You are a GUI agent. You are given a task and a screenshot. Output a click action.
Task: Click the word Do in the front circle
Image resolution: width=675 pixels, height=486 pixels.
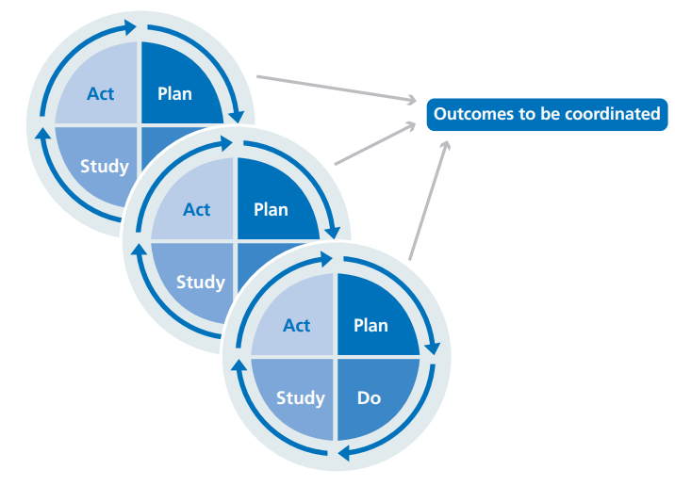[x=369, y=397]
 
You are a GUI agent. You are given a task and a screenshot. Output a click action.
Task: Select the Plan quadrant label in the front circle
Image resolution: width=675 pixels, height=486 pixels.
[x=370, y=325]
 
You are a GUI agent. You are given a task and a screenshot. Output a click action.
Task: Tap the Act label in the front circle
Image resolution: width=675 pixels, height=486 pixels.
[x=296, y=325]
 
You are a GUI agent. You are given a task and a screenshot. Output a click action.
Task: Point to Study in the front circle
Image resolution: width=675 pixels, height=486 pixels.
[x=300, y=397]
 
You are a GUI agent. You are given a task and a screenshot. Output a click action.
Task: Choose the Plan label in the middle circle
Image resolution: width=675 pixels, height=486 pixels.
[x=271, y=208]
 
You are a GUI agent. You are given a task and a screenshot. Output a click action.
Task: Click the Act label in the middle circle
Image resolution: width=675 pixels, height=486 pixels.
[x=196, y=208]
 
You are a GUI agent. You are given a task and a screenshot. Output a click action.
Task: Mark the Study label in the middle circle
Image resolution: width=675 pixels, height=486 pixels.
[x=200, y=282]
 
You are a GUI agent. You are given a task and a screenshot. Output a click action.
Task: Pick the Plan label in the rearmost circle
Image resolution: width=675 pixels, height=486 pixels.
[x=173, y=93]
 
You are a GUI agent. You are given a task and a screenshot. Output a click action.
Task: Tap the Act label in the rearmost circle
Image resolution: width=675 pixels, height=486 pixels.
[x=100, y=93]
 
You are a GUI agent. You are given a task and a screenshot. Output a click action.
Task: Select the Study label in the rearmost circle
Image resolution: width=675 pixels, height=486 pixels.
[x=104, y=167]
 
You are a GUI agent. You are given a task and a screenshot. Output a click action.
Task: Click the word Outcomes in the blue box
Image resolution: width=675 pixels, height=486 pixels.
[x=469, y=114]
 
